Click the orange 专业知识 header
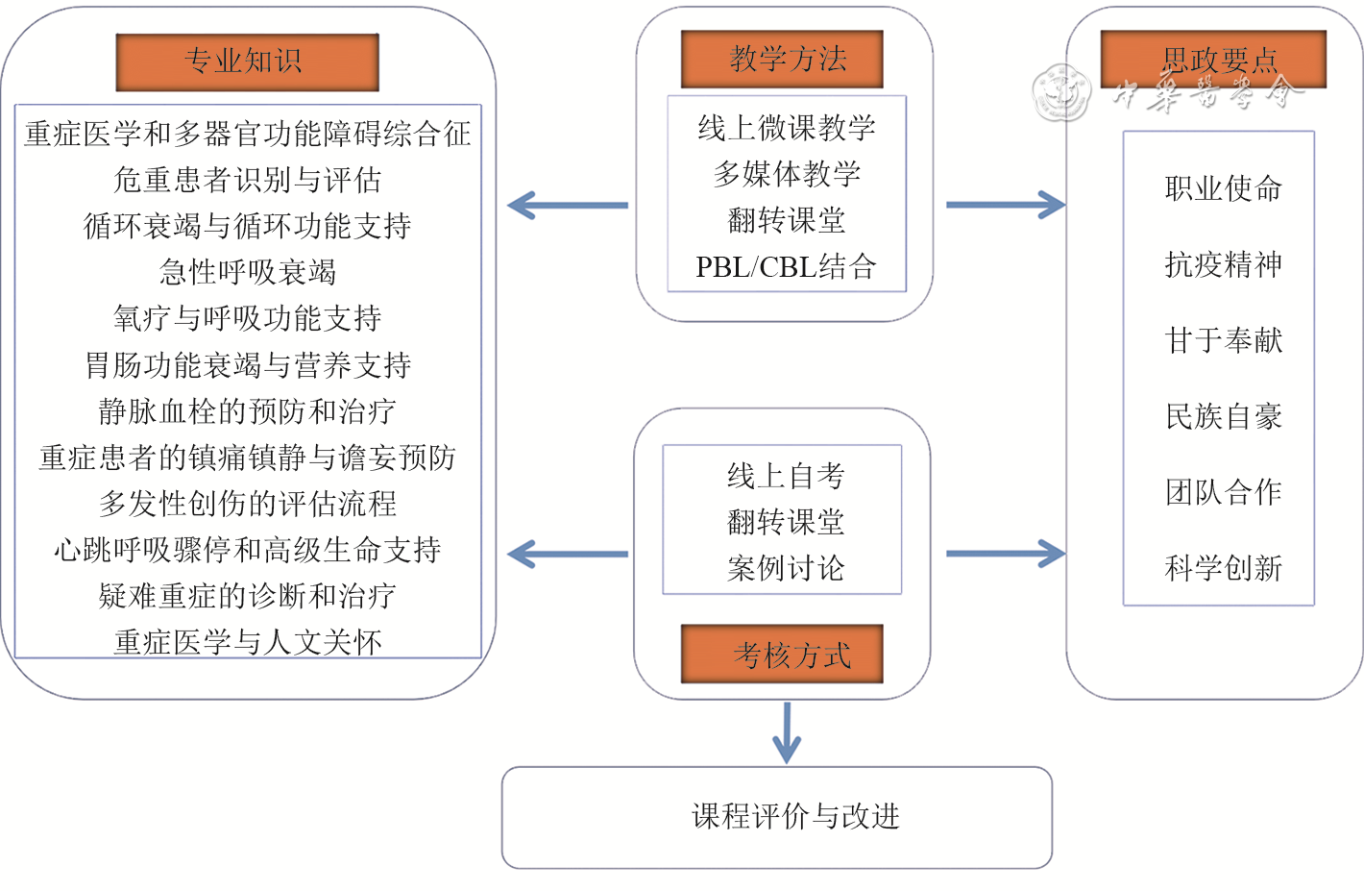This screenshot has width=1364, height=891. coord(247,62)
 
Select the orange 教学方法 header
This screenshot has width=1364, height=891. coord(782,59)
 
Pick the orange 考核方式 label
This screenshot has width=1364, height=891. coord(782,655)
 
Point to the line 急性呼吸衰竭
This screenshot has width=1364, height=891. coord(248,272)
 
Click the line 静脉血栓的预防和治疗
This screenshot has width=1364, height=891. coord(248,411)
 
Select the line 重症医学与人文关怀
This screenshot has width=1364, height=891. coord(248,641)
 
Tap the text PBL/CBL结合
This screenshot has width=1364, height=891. coord(786,266)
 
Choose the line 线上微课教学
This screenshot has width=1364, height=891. coord(786,127)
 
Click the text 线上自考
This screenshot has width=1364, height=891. coord(785,475)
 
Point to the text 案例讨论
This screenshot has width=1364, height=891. coord(785,568)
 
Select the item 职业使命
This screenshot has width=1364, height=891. coord(1223,188)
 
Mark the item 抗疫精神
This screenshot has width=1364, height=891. coord(1223,264)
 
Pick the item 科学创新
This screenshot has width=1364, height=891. coord(1223,568)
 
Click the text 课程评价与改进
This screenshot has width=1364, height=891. coord(794,816)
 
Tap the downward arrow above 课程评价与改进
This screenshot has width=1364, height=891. coord(787,733)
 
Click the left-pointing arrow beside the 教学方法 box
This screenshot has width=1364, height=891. coord(567,205)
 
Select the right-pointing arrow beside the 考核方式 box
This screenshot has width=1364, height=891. coord(1006,554)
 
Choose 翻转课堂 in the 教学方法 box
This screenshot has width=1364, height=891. coord(786,220)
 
